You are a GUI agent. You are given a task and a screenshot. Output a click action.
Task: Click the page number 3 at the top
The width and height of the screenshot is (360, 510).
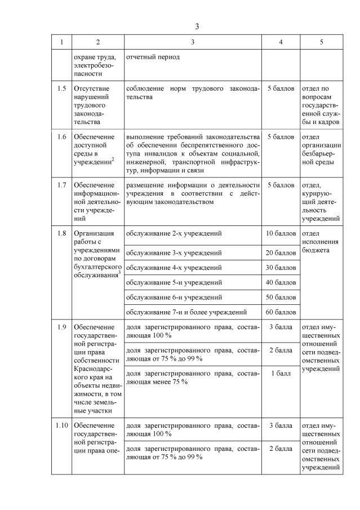(197, 26)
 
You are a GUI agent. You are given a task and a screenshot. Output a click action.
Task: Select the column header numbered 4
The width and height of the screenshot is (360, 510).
(281, 42)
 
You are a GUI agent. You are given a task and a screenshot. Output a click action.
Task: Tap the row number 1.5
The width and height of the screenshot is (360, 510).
(62, 88)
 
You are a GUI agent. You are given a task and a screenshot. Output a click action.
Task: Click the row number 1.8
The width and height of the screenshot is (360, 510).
(62, 233)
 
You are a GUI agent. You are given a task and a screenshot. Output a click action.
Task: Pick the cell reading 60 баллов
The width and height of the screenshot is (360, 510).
(281, 312)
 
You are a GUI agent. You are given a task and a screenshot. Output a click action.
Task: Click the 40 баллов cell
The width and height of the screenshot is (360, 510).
(281, 282)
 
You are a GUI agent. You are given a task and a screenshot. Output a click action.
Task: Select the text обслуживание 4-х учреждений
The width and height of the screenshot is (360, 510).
(174, 267)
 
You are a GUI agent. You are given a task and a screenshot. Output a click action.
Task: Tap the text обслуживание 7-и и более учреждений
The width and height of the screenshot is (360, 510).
(186, 312)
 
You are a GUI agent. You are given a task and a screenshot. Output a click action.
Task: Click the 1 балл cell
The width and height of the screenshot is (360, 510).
(281, 374)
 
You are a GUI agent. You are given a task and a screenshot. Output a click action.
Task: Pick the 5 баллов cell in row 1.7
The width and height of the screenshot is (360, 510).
(281, 185)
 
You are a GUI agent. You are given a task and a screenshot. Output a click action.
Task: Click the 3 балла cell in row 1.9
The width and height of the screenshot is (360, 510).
(281, 327)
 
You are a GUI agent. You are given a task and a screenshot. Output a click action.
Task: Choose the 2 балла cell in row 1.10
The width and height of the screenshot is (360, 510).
(281, 449)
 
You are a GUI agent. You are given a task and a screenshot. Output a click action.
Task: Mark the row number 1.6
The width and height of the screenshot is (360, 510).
(62, 137)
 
